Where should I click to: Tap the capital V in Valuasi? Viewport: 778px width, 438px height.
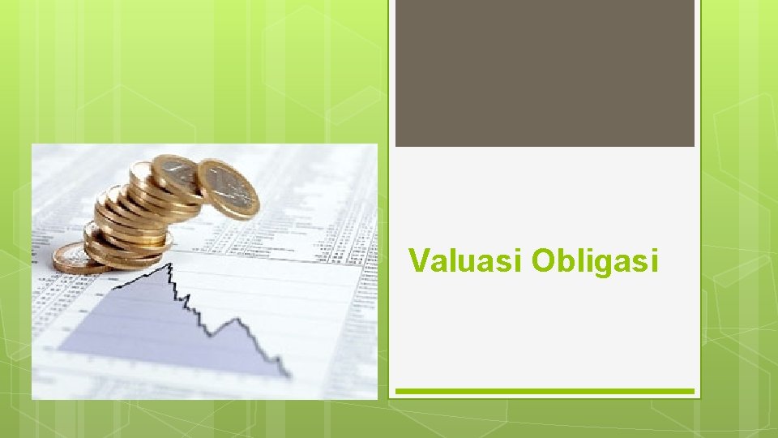coord(419,261)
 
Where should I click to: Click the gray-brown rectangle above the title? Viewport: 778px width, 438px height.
coord(545,73)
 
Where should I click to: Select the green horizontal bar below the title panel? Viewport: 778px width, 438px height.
coord(545,391)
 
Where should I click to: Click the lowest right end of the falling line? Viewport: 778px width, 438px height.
coord(288,375)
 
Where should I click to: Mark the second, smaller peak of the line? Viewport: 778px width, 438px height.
coord(238,318)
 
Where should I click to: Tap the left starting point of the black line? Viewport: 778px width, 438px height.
coord(113,287)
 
